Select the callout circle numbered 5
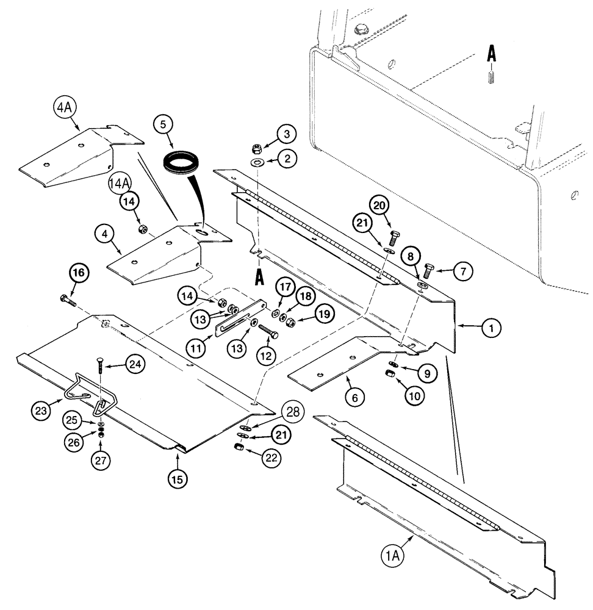163,124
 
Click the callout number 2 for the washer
287,159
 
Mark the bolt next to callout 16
67,300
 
